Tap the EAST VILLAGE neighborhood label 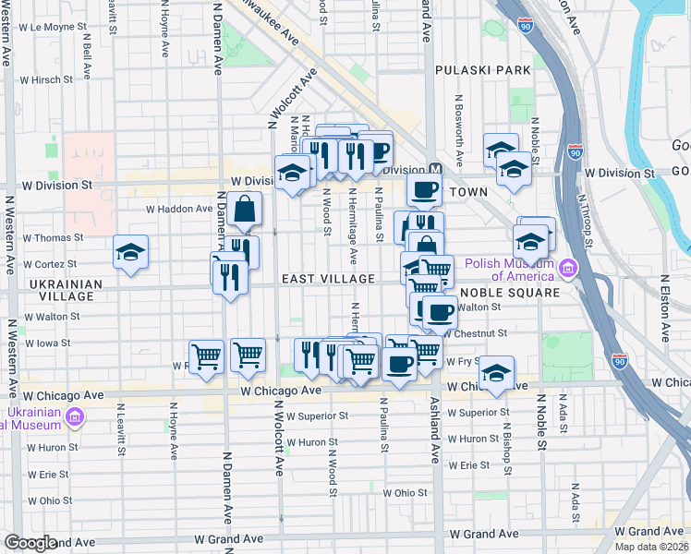pos(328,279)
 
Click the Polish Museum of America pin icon pos(566,270)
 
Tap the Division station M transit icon pos(437,171)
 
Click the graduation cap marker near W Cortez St pos(131,251)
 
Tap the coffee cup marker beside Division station pos(424,190)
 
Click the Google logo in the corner pos(30,543)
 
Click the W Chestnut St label pos(477,332)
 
